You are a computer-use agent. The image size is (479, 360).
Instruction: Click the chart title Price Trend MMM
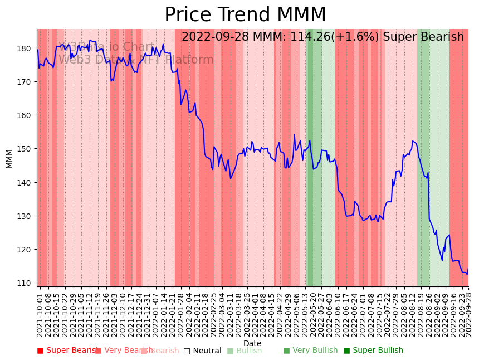point(245,15)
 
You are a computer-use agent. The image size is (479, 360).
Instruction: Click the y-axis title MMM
point(9,158)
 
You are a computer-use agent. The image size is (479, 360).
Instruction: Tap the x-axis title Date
point(252,343)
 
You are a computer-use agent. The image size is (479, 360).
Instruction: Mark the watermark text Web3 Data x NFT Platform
point(136,60)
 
